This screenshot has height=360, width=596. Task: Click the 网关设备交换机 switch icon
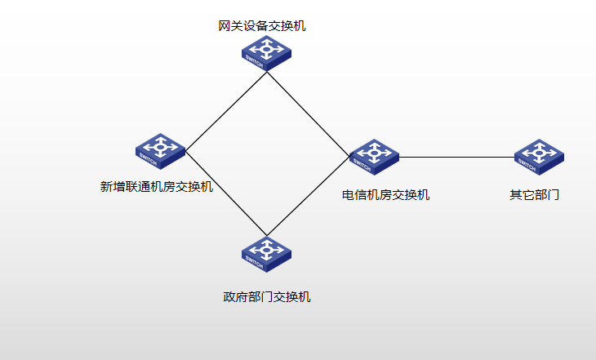tap(266, 53)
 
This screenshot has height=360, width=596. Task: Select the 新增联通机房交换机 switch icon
tap(160, 151)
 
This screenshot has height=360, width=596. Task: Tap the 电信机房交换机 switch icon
tap(374, 156)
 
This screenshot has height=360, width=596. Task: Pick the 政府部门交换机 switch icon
tap(266, 254)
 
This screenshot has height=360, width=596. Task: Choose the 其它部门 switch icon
tap(539, 156)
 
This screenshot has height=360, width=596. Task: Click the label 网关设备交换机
tap(262, 26)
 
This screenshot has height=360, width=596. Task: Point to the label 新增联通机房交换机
tap(157, 187)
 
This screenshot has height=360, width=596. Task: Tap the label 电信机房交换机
tap(385, 195)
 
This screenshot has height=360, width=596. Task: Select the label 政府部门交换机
tap(267, 296)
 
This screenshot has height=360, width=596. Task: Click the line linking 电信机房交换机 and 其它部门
tap(457, 157)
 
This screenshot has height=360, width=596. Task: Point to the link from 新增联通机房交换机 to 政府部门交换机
tap(226, 193)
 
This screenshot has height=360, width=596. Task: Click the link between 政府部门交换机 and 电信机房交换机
tap(309, 195)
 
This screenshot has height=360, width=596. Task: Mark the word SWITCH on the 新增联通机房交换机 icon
tap(148, 157)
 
